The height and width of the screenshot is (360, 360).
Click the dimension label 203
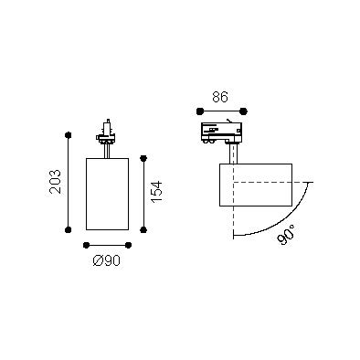coord(56,182)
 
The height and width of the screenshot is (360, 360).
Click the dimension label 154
coord(156,192)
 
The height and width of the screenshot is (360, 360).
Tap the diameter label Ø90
coord(107,260)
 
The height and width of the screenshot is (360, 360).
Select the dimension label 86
coord(220,98)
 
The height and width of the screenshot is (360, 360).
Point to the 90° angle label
coord(287,235)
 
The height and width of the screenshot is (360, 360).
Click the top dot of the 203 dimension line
coord(69,135)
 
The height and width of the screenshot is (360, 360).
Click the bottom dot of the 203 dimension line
coord(69,229)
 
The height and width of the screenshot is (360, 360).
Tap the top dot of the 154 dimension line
coord(143,158)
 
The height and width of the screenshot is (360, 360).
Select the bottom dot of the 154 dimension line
coord(143,229)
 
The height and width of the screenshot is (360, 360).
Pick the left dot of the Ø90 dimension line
coord(87,245)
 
